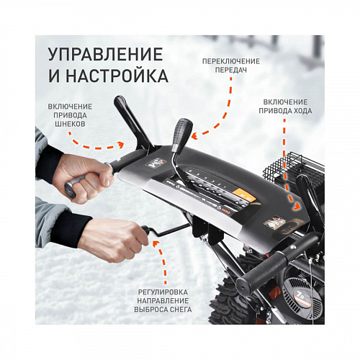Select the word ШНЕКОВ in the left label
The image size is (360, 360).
tap(69, 124)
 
